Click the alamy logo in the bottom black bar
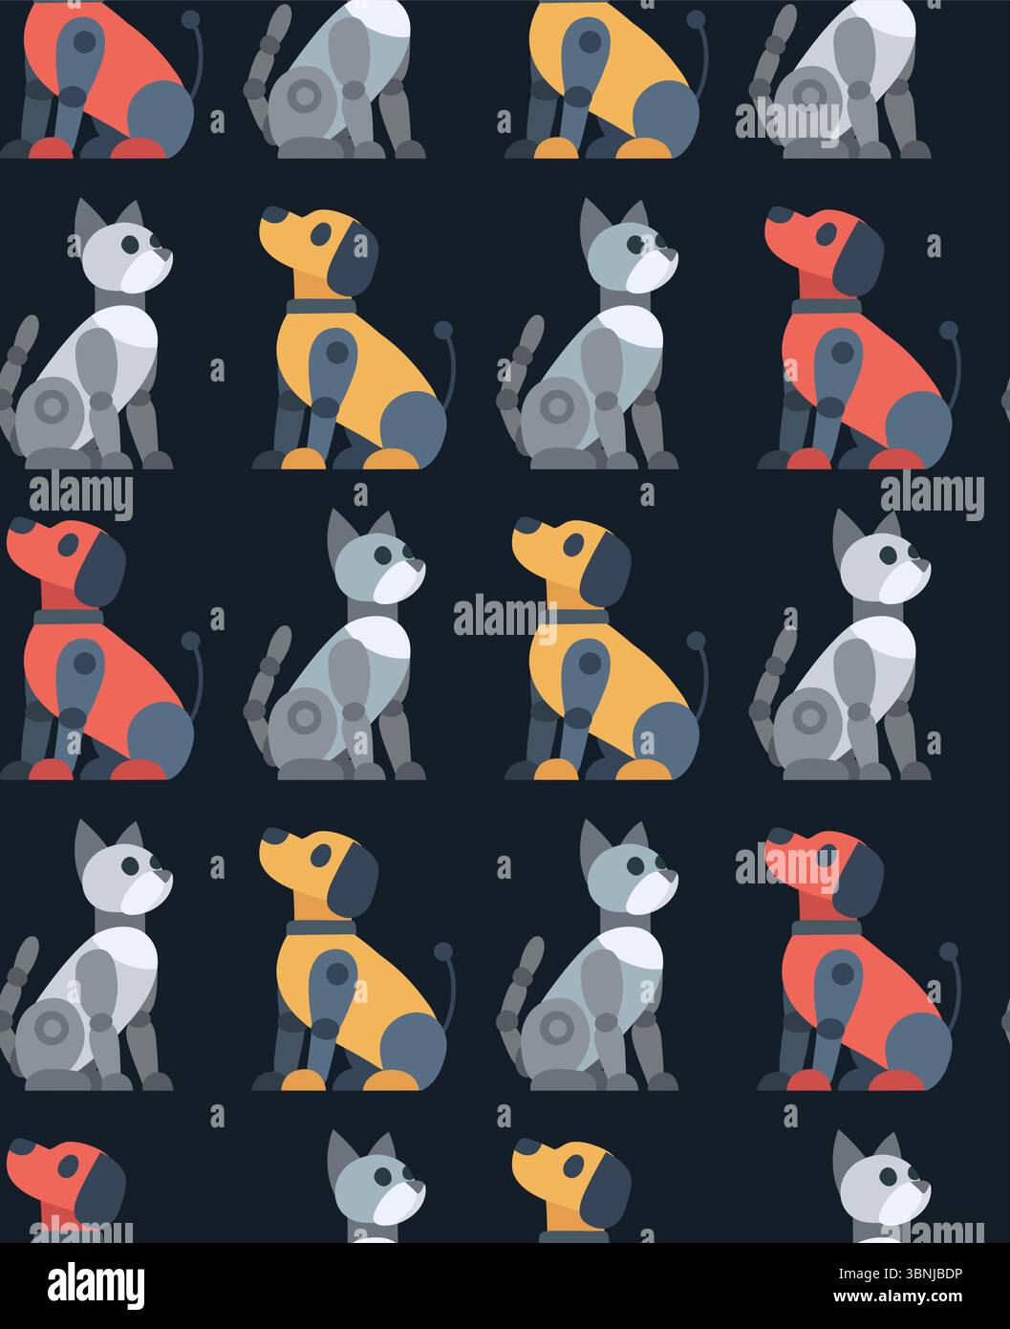97,1284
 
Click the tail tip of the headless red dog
191,18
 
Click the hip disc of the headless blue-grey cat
309,96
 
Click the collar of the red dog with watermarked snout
826,927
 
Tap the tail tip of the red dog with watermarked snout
949,950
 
